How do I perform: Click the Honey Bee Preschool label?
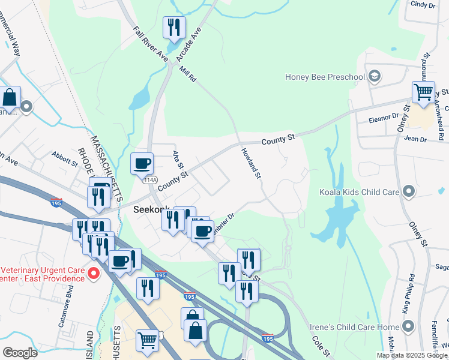(x=325, y=77)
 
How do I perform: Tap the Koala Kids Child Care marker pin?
(x=409, y=192)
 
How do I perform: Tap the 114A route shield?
(x=149, y=179)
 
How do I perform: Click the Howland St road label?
(x=251, y=163)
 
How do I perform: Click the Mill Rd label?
(x=188, y=74)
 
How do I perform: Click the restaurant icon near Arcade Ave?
(x=174, y=27)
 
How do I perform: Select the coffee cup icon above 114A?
(x=142, y=163)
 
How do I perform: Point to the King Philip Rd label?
(x=408, y=293)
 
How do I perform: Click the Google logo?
(x=20, y=353)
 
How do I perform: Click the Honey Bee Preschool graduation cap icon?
(x=375, y=76)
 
